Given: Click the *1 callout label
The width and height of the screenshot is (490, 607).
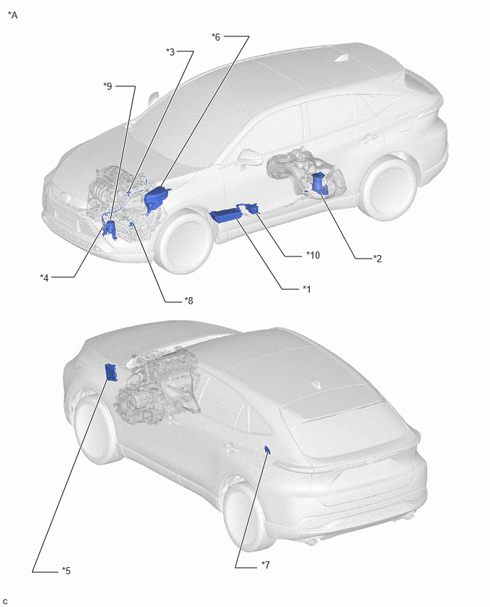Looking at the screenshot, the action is click(x=306, y=289).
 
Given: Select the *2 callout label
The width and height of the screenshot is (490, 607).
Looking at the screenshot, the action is click(x=377, y=258).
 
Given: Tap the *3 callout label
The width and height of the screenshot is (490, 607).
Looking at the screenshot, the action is click(x=170, y=51).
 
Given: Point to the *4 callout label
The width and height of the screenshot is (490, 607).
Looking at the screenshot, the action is click(x=44, y=278).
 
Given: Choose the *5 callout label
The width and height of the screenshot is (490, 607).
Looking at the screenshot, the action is click(x=66, y=571).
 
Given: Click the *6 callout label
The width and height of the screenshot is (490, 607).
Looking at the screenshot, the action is click(x=216, y=37).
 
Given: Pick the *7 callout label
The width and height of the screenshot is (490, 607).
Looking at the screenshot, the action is click(x=266, y=565).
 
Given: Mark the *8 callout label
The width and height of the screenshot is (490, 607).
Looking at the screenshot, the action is click(x=189, y=301).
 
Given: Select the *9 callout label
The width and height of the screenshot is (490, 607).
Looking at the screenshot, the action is click(x=108, y=86).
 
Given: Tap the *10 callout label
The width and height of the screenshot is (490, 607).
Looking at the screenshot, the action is click(x=313, y=255).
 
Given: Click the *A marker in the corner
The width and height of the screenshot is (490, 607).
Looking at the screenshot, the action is click(x=13, y=15).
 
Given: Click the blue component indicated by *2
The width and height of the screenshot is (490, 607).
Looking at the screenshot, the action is click(x=320, y=184).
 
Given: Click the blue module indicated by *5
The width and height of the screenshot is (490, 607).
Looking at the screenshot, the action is click(x=111, y=373).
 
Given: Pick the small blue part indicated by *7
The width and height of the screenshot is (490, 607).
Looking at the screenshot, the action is click(x=267, y=450).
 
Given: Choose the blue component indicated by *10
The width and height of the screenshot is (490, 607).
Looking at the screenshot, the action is click(x=251, y=208).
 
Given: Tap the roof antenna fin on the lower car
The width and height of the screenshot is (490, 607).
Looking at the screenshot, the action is click(x=318, y=385).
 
